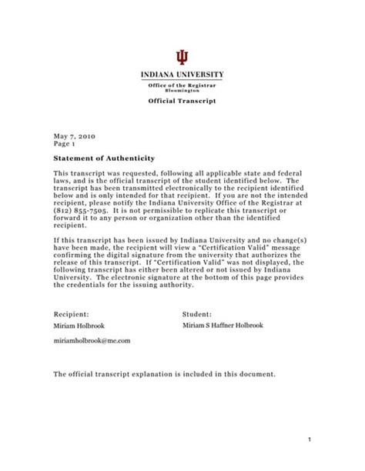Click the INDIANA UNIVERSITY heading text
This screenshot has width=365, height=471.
tap(182, 75)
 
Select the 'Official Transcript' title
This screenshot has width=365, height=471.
tap(182, 102)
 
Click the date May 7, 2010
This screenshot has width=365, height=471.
tap(72, 134)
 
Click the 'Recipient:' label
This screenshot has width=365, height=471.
tap(72, 315)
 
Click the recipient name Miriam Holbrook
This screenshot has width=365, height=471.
tap(80, 326)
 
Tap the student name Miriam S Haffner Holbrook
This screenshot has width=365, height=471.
tap(230, 326)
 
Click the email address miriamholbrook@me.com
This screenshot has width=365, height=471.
tap(92, 339)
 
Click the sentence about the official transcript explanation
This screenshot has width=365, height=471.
tap(163, 374)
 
